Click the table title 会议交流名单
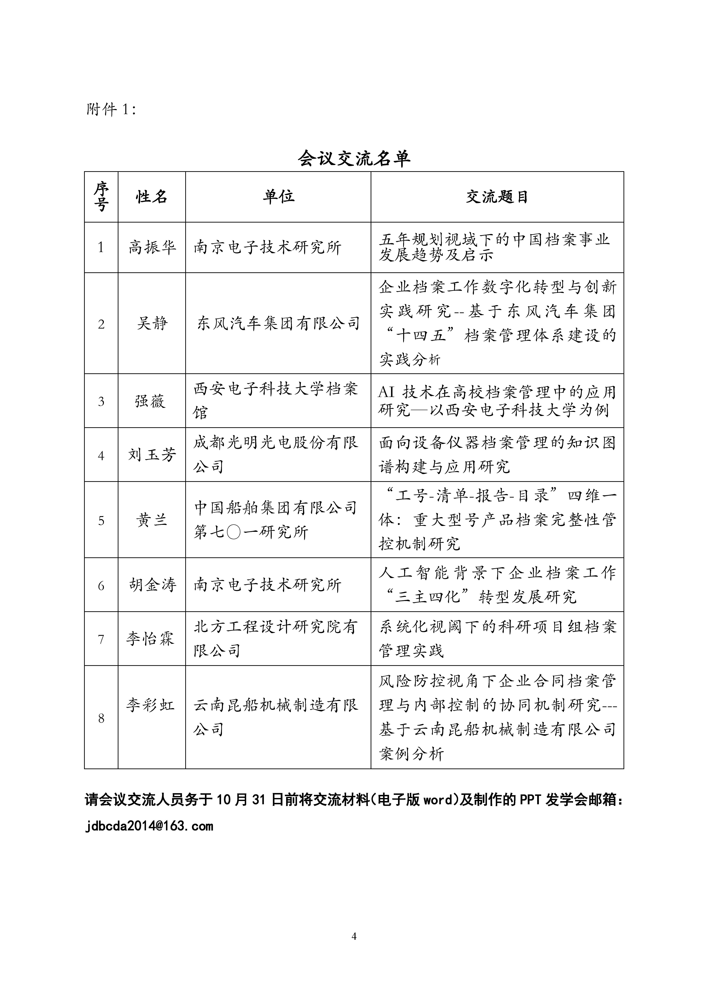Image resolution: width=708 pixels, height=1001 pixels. [354, 159]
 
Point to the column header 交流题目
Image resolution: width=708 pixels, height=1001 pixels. [497, 197]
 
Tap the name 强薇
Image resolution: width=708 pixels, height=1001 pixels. [151, 401]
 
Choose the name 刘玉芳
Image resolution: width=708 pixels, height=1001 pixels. [152, 455]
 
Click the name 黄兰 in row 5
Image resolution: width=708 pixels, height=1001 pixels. [152, 520]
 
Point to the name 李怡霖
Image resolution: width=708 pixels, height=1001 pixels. [151, 639]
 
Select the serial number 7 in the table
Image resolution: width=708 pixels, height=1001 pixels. [101, 639]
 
